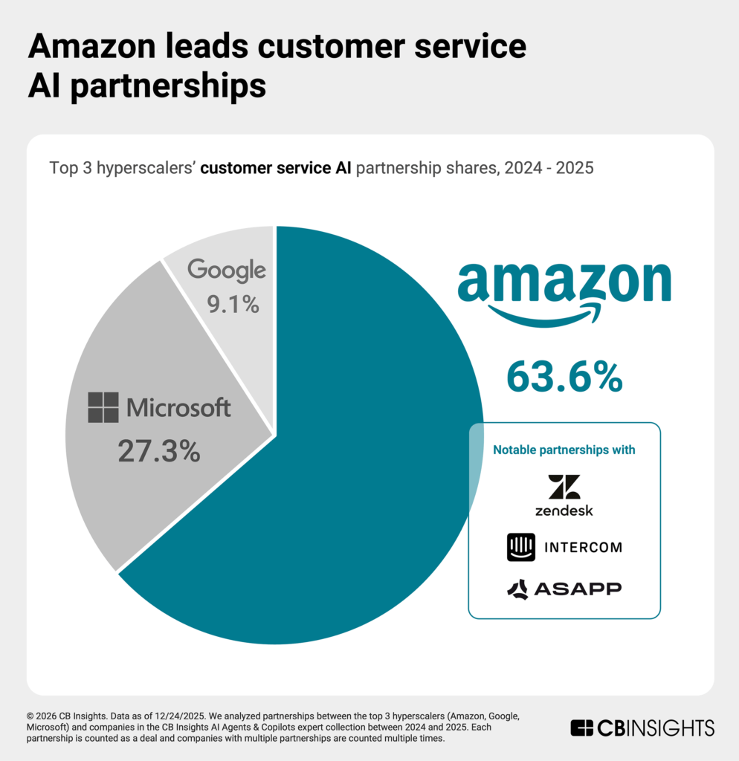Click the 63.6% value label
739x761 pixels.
point(564,378)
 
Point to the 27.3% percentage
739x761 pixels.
point(159,451)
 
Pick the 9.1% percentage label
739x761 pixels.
point(224,304)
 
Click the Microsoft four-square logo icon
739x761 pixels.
point(103,407)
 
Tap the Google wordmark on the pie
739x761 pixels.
point(227,271)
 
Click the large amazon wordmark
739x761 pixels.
point(564,282)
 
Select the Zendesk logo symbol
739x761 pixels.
point(564,487)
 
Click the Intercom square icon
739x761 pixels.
point(520,548)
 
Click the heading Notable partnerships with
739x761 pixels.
point(564,450)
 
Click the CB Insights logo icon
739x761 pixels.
point(581,728)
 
